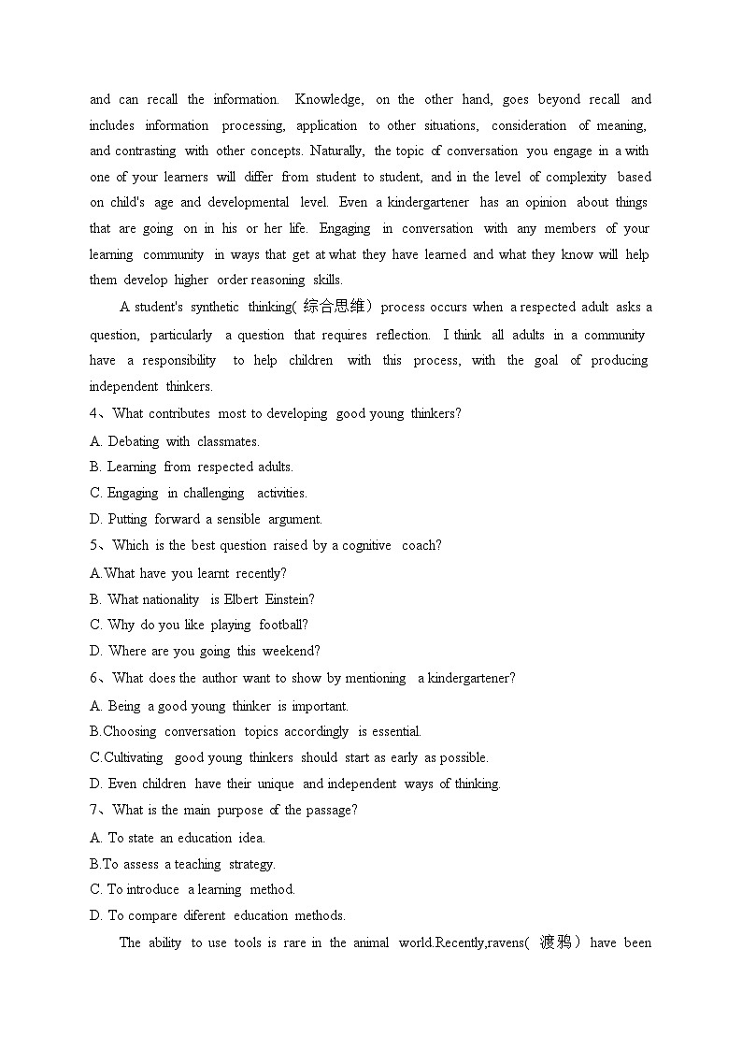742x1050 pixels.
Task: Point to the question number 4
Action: [x=94, y=414]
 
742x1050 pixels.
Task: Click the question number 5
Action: [x=94, y=546]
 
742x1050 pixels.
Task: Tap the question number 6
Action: [x=94, y=679]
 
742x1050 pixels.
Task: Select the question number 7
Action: [x=94, y=811]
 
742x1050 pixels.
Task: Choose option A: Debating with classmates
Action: [x=175, y=441]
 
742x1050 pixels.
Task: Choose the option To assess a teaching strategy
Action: [x=182, y=864]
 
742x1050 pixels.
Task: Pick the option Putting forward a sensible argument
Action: [x=206, y=519]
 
